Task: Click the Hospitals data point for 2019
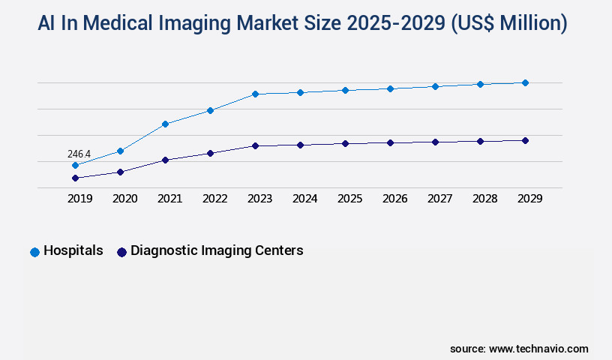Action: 75,165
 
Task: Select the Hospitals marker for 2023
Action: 255,94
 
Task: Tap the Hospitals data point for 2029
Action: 525,82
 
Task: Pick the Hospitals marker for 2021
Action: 165,124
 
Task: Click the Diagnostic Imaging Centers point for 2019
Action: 75,178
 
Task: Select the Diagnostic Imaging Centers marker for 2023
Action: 255,145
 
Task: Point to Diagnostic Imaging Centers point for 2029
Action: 525,140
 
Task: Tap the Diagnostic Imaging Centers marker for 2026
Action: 390,142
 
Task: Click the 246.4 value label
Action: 79,154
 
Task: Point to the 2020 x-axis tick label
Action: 124,199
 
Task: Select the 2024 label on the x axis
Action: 304,199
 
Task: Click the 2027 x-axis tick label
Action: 439,199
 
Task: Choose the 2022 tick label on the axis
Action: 214,199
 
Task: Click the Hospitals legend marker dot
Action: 34,252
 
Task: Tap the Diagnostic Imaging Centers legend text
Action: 217,250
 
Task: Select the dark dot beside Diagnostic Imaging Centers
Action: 121,252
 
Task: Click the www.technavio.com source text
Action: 538,349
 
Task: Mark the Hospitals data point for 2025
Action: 345,90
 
